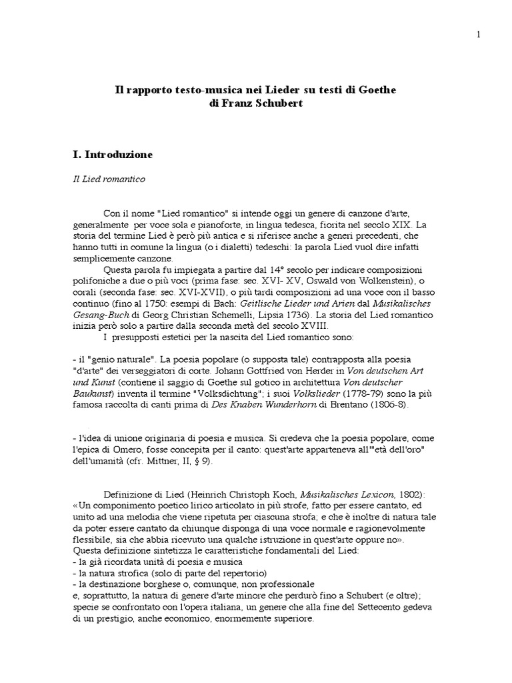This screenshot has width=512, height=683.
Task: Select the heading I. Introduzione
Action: [113, 155]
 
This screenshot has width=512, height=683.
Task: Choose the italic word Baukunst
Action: [91, 393]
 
